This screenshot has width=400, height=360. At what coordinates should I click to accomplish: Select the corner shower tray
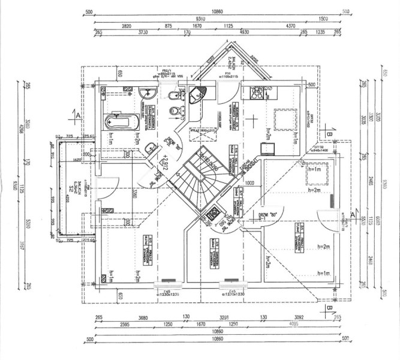(197, 94)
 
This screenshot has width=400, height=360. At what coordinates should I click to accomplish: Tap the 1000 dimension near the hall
(249, 182)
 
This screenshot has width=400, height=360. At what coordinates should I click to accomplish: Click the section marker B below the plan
(329, 309)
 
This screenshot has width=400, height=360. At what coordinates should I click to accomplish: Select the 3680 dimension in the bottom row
(126, 317)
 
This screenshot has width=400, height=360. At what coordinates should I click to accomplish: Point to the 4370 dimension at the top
(291, 26)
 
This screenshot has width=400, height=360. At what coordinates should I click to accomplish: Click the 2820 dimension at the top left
(127, 26)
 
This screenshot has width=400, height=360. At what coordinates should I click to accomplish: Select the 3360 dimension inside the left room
(137, 193)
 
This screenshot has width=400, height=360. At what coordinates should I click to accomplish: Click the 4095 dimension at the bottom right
(294, 325)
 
